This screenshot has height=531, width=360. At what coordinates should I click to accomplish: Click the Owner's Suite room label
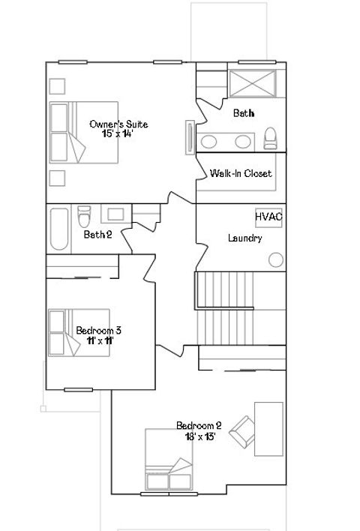118,124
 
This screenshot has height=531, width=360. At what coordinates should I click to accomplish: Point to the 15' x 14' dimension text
118,133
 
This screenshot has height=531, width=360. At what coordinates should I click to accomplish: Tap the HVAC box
268,217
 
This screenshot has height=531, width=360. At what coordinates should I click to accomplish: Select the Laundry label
244,238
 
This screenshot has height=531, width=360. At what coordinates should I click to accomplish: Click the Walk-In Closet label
240,174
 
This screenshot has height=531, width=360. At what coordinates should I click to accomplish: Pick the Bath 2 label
97,235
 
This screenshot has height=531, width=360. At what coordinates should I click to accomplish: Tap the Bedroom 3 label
99,330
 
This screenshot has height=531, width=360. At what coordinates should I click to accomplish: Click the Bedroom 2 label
199,425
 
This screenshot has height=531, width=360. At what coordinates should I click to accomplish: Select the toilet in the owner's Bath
271,138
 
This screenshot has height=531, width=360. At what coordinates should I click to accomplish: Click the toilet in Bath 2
84,217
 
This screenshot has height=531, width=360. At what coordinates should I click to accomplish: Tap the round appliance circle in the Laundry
276,259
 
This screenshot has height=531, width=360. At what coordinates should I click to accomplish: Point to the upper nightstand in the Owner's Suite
56,84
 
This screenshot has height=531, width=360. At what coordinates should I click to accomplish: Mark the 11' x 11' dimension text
99,340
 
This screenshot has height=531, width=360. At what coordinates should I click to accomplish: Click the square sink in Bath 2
115,214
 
